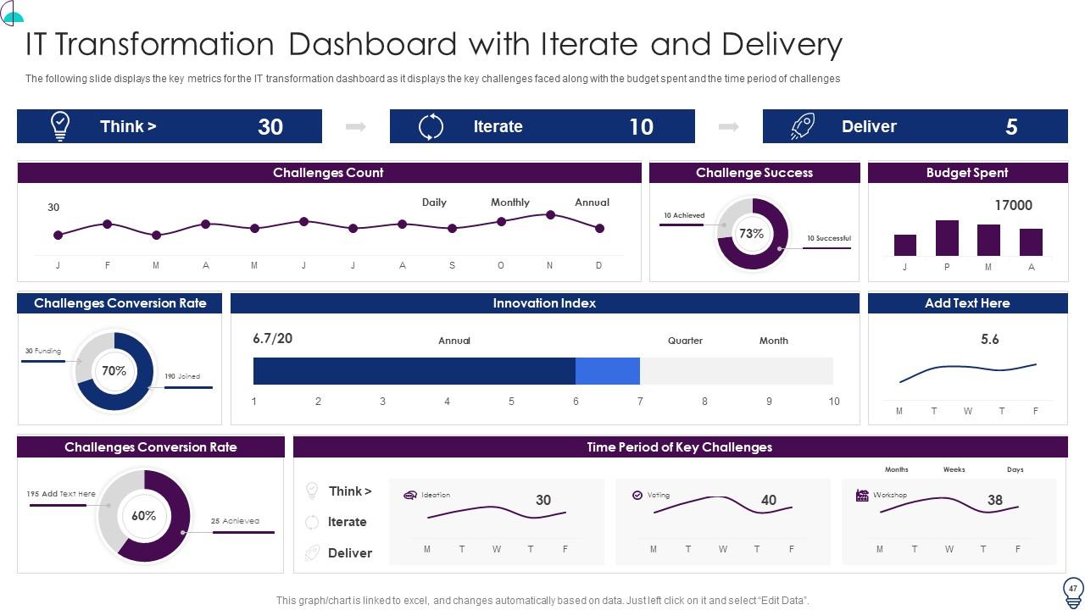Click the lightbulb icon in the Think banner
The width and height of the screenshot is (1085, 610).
pos(60,126)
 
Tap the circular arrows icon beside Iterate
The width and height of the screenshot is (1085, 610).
pos(431,127)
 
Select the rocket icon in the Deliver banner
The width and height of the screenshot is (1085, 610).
pos(803,126)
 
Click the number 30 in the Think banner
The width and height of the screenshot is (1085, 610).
pos(270,127)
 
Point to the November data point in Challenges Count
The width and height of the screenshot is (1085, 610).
pos(550,215)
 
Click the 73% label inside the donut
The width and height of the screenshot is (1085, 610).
pos(751,234)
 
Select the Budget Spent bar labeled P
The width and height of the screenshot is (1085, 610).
pos(947,238)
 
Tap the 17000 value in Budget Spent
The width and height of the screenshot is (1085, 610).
pos(1013,205)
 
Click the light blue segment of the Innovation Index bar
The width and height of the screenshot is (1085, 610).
pos(608,371)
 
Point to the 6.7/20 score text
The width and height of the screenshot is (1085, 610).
pos(273,338)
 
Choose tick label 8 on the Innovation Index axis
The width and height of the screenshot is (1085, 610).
pos(704,402)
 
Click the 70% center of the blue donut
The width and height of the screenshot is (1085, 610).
pos(114,371)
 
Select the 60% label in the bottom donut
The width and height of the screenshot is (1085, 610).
pos(144,516)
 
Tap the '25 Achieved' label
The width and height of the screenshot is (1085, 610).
pos(235,521)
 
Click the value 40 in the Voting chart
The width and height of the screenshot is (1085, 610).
pos(769,500)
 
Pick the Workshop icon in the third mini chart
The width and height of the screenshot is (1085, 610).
pos(862,496)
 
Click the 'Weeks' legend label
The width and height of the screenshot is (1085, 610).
pos(954,469)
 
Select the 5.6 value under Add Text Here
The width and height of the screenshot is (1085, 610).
pos(989,340)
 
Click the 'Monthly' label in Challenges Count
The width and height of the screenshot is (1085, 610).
pos(510,202)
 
